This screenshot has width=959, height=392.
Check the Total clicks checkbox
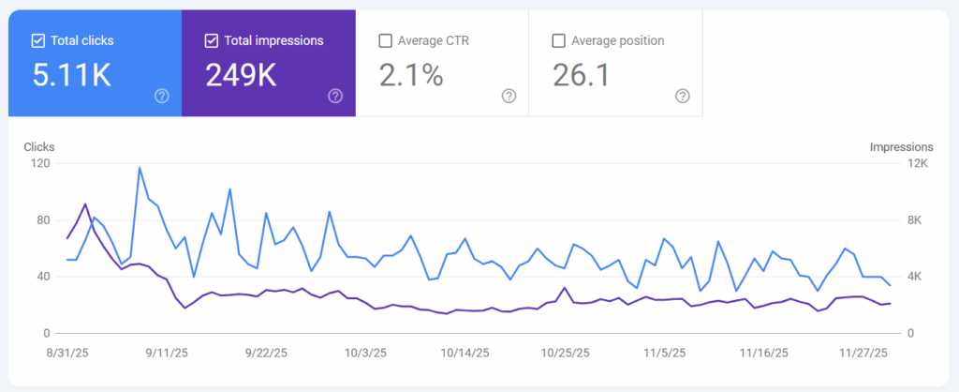[37, 40]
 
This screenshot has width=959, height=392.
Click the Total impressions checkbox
[211, 40]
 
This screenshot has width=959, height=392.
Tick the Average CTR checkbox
[385, 40]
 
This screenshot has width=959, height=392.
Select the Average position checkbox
[559, 40]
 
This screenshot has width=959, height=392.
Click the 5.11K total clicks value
[71, 75]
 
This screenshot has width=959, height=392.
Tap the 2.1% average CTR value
[410, 75]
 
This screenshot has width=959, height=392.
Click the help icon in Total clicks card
[161, 96]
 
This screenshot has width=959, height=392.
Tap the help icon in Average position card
[683, 96]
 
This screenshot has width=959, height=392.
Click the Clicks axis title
[38, 147]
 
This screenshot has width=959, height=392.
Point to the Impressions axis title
[901, 147]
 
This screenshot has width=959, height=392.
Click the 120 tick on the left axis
[40, 163]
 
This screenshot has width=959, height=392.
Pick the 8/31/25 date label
[66, 354]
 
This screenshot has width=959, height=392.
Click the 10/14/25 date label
[465, 354]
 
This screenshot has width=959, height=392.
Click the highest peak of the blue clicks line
[140, 168]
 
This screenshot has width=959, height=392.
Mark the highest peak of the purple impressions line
[85, 204]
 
